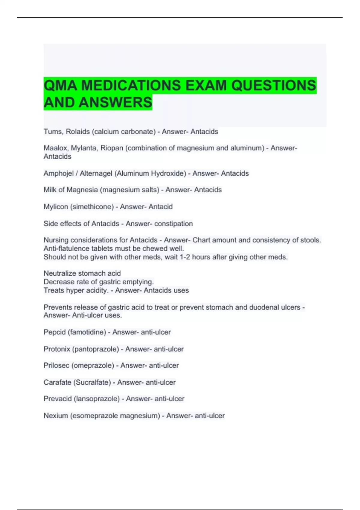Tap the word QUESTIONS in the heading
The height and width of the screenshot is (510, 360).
point(274,85)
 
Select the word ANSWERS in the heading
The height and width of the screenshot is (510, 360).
point(115,102)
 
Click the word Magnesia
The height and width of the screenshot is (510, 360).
point(82,190)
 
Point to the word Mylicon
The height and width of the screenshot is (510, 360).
point(56,207)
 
